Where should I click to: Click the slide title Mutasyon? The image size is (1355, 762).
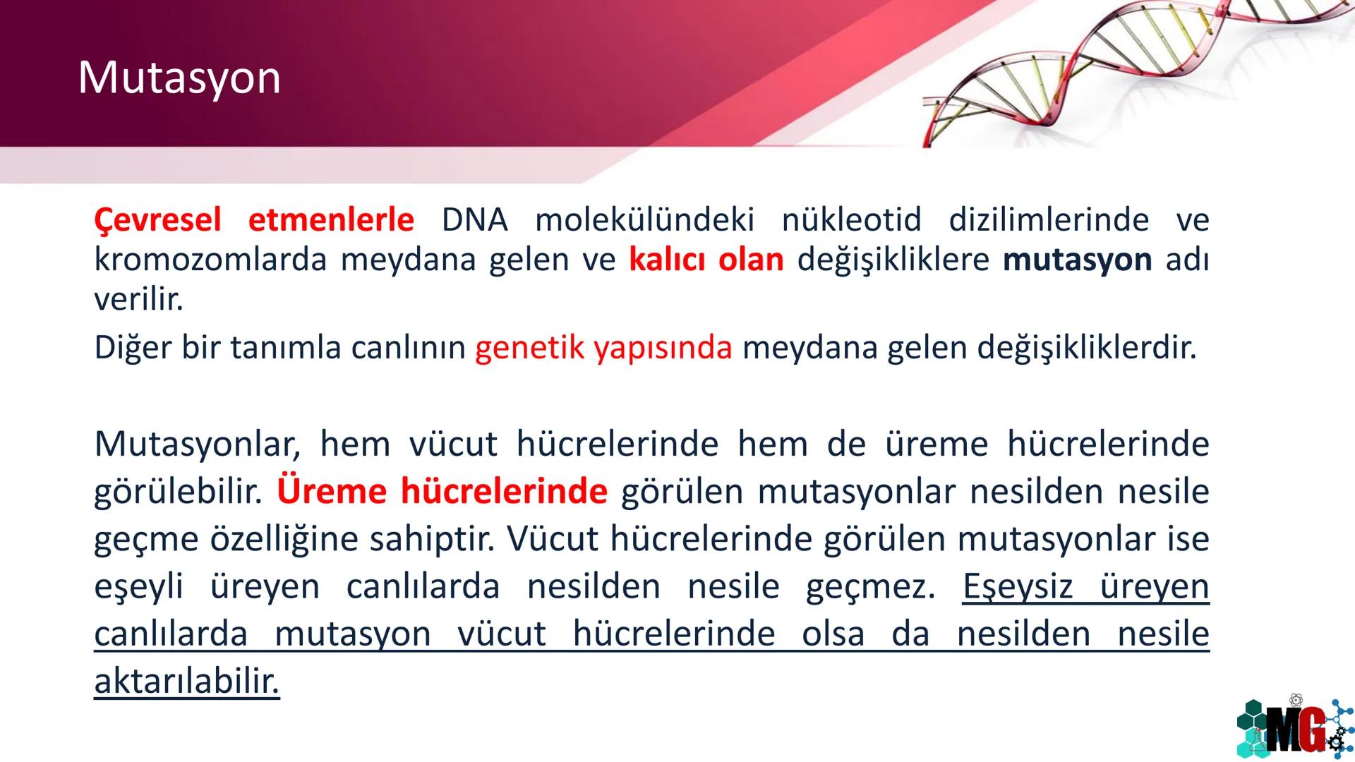click(x=179, y=78)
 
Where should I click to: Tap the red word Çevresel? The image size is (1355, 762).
click(x=157, y=220)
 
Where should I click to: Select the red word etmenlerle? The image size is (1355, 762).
click(x=331, y=220)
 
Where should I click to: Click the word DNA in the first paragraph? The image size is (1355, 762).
click(x=474, y=220)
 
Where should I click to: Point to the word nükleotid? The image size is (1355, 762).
click(x=851, y=220)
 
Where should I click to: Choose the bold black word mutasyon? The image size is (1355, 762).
click(x=1077, y=260)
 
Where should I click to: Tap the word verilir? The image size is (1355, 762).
click(x=138, y=300)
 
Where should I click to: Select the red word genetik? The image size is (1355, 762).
click(x=529, y=348)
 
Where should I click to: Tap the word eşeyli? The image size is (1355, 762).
click(x=138, y=587)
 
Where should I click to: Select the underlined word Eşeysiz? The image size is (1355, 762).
click(x=1017, y=587)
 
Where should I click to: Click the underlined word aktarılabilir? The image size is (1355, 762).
click(x=186, y=682)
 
